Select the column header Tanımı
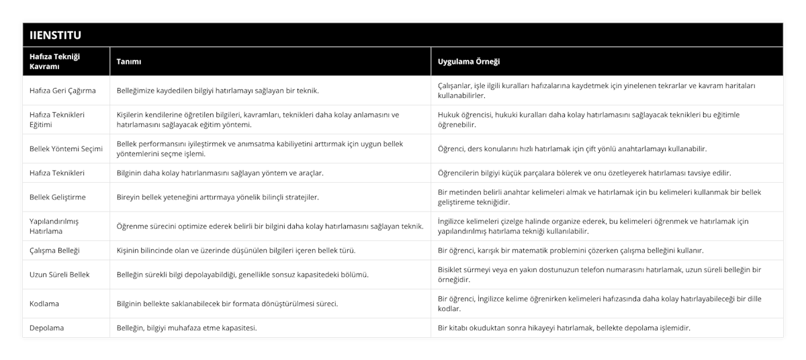pyautogui.click(x=129, y=62)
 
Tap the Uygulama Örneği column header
pyautogui.click(x=468, y=62)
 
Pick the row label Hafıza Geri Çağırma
pyautogui.click(x=62, y=91)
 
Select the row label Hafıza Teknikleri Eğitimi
pyautogui.click(x=57, y=120)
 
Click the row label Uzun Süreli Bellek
pyautogui.click(x=60, y=275)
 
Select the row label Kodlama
pyautogui.click(x=44, y=304)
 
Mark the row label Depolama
pyautogui.click(x=46, y=328)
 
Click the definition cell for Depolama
pyautogui.click(x=186, y=328)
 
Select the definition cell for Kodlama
pyautogui.click(x=227, y=304)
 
